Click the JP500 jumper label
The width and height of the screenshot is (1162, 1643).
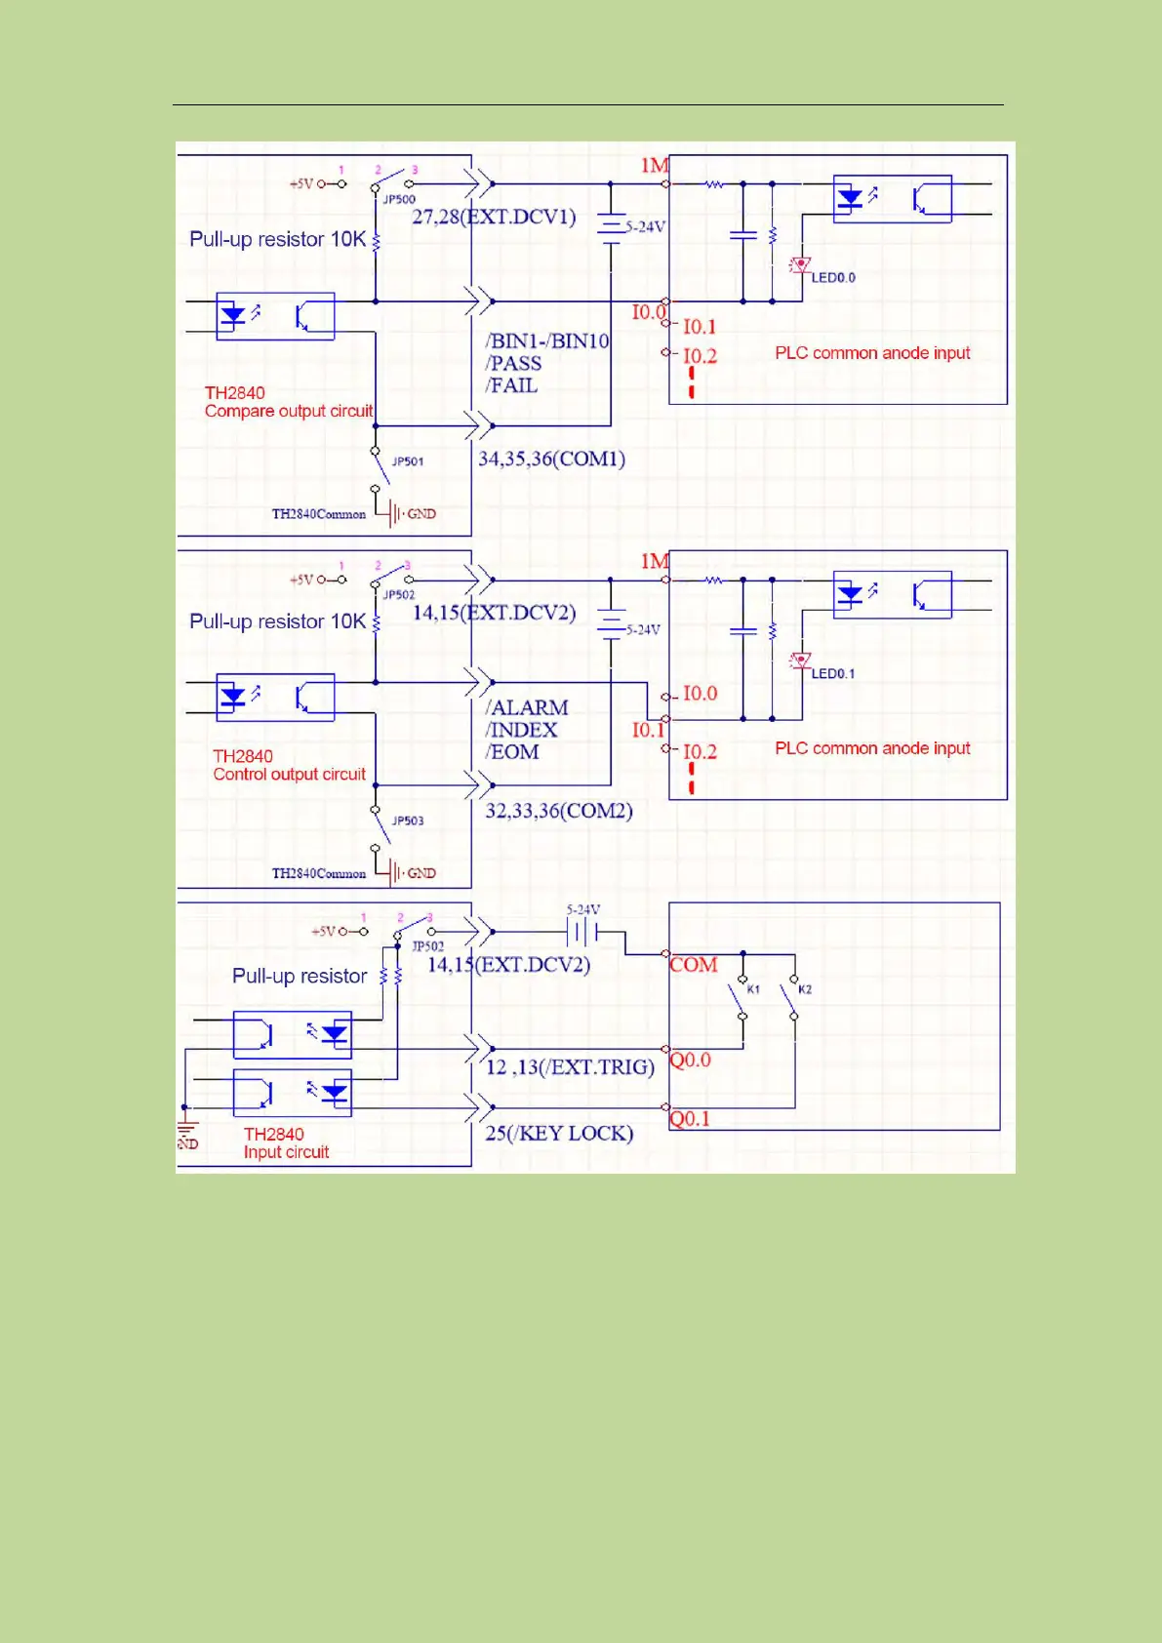[399, 199]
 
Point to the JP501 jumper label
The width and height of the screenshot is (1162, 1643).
[408, 461]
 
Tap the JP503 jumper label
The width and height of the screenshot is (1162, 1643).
[408, 821]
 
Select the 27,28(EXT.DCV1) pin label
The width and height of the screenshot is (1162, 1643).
[494, 217]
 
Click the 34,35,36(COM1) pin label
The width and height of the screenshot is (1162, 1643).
[551, 459]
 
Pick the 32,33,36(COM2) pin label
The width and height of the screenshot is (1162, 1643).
[559, 811]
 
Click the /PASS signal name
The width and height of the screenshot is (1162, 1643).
[513, 364]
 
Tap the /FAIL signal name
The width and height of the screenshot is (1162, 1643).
[511, 385]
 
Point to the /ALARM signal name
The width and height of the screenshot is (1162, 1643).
[527, 707]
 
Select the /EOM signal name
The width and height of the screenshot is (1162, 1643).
[512, 752]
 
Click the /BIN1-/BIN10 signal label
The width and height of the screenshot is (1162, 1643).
[547, 341]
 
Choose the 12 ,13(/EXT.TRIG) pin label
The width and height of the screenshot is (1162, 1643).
[570, 1067]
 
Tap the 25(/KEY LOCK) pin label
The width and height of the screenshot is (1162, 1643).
[559, 1134]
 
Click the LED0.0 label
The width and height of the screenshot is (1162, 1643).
[833, 278]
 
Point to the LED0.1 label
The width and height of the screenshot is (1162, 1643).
[833, 674]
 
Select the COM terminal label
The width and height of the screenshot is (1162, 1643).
[694, 965]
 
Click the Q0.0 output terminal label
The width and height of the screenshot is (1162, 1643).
[691, 1061]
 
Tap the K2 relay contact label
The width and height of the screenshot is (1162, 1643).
[805, 989]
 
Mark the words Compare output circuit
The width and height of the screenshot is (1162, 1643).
[289, 412]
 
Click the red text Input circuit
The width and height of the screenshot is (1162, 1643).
[286, 1152]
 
